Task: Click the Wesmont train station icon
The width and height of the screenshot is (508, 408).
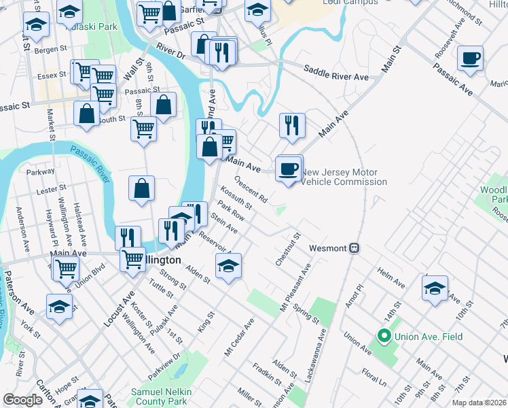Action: coord(354,248)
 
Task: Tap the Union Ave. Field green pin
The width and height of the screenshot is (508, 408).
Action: coord(383,336)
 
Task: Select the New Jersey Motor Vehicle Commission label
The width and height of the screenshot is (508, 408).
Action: coord(344,177)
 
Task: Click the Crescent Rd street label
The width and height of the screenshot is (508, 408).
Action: coord(251,190)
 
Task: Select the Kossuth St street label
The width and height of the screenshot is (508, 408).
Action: coord(236,199)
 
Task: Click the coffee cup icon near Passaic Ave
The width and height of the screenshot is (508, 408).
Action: coord(470,58)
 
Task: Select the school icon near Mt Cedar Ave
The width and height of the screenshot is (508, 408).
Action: coord(228,267)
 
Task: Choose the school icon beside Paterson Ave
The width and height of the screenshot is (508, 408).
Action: coord(59,307)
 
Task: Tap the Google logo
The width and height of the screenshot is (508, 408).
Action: coord(22,400)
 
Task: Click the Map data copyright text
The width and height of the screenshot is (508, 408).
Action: coord(479,403)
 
